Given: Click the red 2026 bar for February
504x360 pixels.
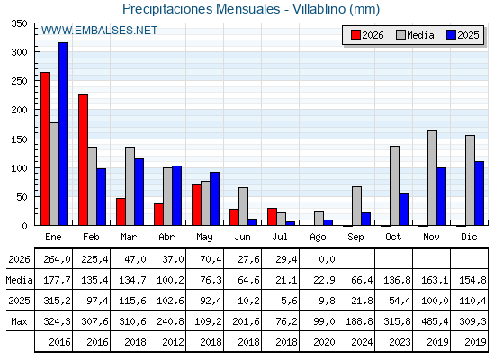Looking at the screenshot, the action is pyautogui.click(x=83, y=160).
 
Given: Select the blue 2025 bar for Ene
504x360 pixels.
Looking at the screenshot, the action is pyautogui.click(x=63, y=134).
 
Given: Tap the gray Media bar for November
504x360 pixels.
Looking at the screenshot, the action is pyautogui.click(x=432, y=178).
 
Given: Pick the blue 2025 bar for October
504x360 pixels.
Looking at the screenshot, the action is pyautogui.click(x=404, y=209).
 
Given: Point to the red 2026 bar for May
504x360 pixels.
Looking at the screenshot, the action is pyautogui.click(x=196, y=205).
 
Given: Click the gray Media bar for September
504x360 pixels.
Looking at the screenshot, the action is pyautogui.click(x=356, y=206).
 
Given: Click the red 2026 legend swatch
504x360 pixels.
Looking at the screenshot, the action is pyautogui.click(x=355, y=35).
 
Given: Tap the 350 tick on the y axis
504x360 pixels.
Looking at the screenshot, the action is pyautogui.click(x=20, y=23).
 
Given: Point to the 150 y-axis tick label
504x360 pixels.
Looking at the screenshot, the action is pyautogui.click(x=20, y=139).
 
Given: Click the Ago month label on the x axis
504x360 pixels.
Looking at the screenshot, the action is pyautogui.click(x=319, y=238).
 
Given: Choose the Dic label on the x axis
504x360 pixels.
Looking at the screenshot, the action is pyautogui.click(x=469, y=237).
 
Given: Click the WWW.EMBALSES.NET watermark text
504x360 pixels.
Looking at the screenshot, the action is pyautogui.click(x=99, y=31).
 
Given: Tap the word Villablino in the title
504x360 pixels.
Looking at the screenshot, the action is pyautogui.click(x=319, y=9).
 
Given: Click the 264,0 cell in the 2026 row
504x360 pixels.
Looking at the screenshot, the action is pyautogui.click(x=57, y=259).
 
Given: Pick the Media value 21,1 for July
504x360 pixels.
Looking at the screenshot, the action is pyautogui.click(x=286, y=280).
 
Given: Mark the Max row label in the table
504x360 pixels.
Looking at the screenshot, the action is pyautogui.click(x=19, y=321).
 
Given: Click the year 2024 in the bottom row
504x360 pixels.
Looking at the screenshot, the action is pyautogui.click(x=362, y=342).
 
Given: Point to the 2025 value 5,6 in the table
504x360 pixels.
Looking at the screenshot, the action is pyautogui.click(x=289, y=301).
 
